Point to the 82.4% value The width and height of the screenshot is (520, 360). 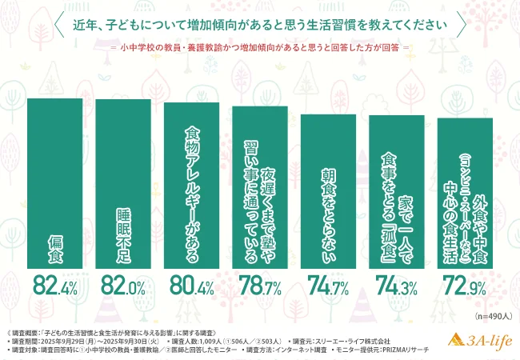tap(55, 286)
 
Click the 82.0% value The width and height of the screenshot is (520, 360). tap(123, 286)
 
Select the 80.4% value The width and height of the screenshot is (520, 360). tap(191, 286)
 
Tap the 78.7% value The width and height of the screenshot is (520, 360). tap(259, 286)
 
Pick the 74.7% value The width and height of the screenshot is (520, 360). tap(328, 286)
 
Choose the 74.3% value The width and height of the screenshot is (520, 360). tap(396, 286)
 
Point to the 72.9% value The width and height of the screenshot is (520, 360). tap(465, 286)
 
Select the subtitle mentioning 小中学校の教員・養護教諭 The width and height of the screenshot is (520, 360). tap(260, 46)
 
